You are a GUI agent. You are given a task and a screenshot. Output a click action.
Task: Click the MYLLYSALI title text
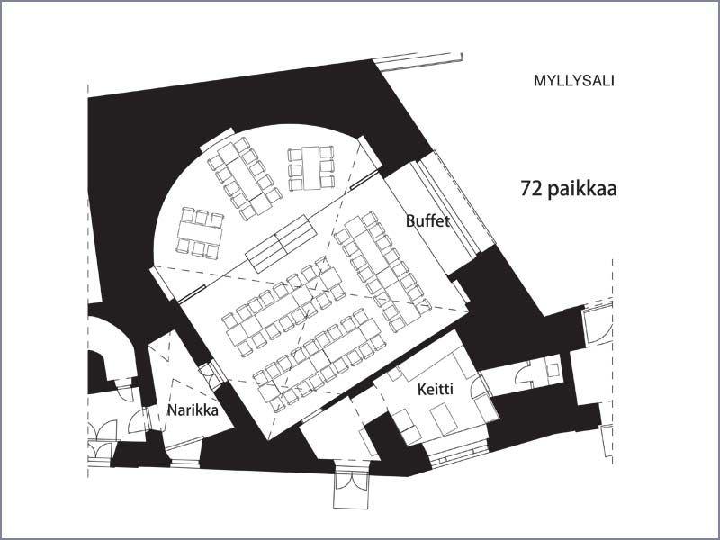[x=573, y=81]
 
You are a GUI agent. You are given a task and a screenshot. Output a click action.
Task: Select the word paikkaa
[x=582, y=189]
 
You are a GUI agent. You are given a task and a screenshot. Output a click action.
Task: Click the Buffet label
[x=427, y=221]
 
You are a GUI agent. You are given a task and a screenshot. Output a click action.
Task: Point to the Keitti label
[x=436, y=390]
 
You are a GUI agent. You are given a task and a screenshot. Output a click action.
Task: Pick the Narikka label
[x=193, y=409]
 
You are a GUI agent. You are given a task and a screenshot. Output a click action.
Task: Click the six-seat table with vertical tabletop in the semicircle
[x=310, y=168]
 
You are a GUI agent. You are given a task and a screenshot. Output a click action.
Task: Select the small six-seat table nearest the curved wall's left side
[x=200, y=233]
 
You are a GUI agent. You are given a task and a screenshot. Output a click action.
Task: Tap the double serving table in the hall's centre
[x=281, y=243]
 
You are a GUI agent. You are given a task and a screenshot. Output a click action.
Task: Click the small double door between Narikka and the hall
[x=211, y=375]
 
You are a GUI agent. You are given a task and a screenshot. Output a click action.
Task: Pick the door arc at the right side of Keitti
[x=479, y=387]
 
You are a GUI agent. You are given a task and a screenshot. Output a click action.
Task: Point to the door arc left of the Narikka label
[x=137, y=421]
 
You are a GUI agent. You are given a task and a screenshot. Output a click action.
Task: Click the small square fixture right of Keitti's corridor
[x=553, y=370]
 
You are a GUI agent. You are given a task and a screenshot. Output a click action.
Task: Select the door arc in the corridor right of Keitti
[x=523, y=372]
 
